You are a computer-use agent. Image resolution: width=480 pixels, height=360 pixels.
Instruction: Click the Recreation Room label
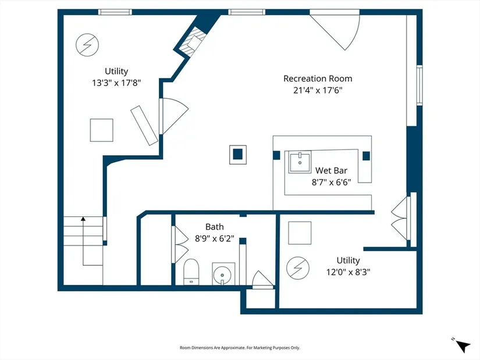[318, 79]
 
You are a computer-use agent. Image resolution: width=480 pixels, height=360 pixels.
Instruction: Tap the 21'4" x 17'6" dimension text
[318, 90]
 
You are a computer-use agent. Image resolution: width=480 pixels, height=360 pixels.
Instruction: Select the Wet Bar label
[331, 170]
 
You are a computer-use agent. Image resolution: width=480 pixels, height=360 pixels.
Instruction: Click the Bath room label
[214, 227]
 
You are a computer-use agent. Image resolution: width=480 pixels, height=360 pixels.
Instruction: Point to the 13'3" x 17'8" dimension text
[116, 83]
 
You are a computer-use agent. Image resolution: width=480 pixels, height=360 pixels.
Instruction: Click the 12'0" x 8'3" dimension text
[348, 272]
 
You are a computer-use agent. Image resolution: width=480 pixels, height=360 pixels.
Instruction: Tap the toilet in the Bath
[191, 272]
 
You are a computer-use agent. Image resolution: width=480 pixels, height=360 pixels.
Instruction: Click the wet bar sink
[300, 162]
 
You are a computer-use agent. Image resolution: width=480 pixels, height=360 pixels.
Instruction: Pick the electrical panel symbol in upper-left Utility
[87, 45]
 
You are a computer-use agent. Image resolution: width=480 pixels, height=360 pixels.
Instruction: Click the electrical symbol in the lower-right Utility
[297, 268]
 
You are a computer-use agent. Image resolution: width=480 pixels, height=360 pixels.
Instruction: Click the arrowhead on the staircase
[83, 219]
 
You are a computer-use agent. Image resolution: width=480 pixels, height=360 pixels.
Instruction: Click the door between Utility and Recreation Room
[173, 116]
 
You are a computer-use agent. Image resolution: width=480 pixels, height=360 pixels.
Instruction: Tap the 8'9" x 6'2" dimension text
[214, 238]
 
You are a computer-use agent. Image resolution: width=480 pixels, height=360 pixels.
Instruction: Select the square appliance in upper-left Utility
[102, 130]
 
